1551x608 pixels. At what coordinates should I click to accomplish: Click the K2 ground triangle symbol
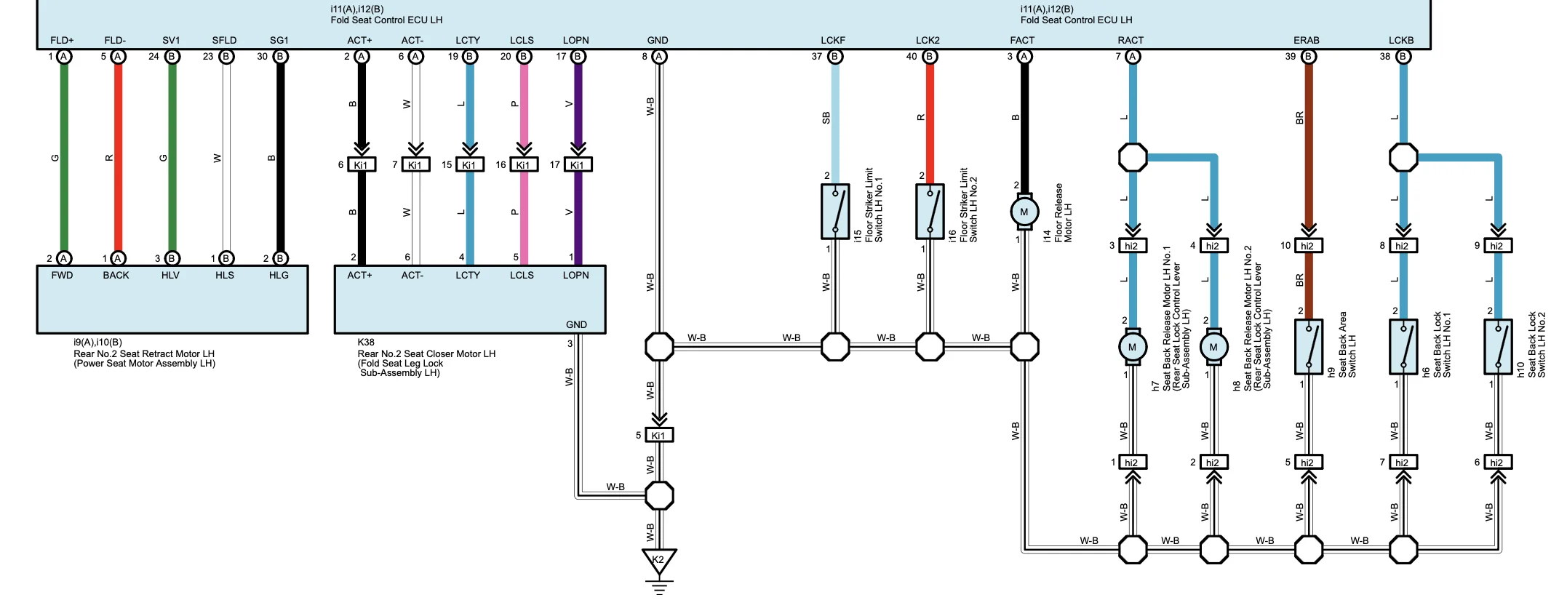pyautogui.click(x=658, y=561)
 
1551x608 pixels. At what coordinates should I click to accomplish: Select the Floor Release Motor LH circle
pyautogui.click(x=1024, y=212)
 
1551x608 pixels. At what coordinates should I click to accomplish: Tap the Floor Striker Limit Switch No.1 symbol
pyautogui.click(x=835, y=212)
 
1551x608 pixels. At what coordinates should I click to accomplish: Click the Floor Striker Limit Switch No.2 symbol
pyautogui.click(x=930, y=212)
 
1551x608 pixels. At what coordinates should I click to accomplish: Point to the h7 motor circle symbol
pyautogui.click(x=1132, y=347)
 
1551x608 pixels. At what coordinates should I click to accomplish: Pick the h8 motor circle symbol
pyautogui.click(x=1213, y=347)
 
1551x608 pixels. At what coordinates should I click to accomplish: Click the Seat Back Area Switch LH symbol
pyautogui.click(x=1308, y=347)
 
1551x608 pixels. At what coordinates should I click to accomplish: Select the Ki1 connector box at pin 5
pyautogui.click(x=659, y=435)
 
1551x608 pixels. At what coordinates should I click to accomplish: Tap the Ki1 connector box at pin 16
pyautogui.click(x=524, y=165)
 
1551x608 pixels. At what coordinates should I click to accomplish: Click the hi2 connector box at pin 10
pyautogui.click(x=1308, y=246)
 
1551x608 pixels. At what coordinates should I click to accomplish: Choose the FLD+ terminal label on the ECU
pyautogui.click(x=62, y=40)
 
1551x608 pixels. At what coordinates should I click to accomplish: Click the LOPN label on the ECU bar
pyautogui.click(x=575, y=40)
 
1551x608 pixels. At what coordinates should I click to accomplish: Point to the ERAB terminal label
pyautogui.click(x=1306, y=40)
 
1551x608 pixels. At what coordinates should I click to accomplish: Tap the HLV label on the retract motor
pyautogui.click(x=170, y=276)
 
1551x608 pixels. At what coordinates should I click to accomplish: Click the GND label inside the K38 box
pyautogui.click(x=576, y=324)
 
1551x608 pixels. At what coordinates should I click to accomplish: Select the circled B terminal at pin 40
pyautogui.click(x=929, y=57)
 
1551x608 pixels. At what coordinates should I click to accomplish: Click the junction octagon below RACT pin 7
pyautogui.click(x=1133, y=157)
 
